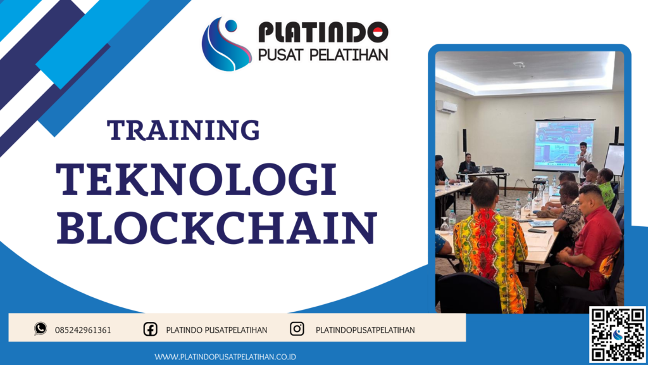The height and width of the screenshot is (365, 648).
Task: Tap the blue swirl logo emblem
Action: click(226, 43)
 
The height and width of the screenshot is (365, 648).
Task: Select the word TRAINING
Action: click(184, 130)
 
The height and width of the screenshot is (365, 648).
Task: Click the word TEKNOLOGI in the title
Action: click(196, 180)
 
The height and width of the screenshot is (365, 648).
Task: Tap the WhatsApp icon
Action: click(41, 329)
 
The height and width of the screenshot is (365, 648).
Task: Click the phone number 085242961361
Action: click(83, 330)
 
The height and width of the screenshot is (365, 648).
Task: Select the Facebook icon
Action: click(150, 329)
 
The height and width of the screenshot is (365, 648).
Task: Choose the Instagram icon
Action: click(297, 329)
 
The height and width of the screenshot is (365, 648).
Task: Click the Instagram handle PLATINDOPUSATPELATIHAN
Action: click(364, 330)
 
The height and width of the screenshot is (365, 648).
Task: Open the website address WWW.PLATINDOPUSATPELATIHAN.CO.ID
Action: click(226, 357)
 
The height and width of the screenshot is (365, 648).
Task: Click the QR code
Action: click(617, 335)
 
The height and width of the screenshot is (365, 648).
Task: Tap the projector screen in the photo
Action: click(563, 142)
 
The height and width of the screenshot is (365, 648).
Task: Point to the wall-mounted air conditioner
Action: click(446, 106)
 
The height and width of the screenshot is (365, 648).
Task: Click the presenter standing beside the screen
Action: click(583, 158)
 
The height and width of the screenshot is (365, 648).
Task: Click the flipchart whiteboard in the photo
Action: click(614, 159)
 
